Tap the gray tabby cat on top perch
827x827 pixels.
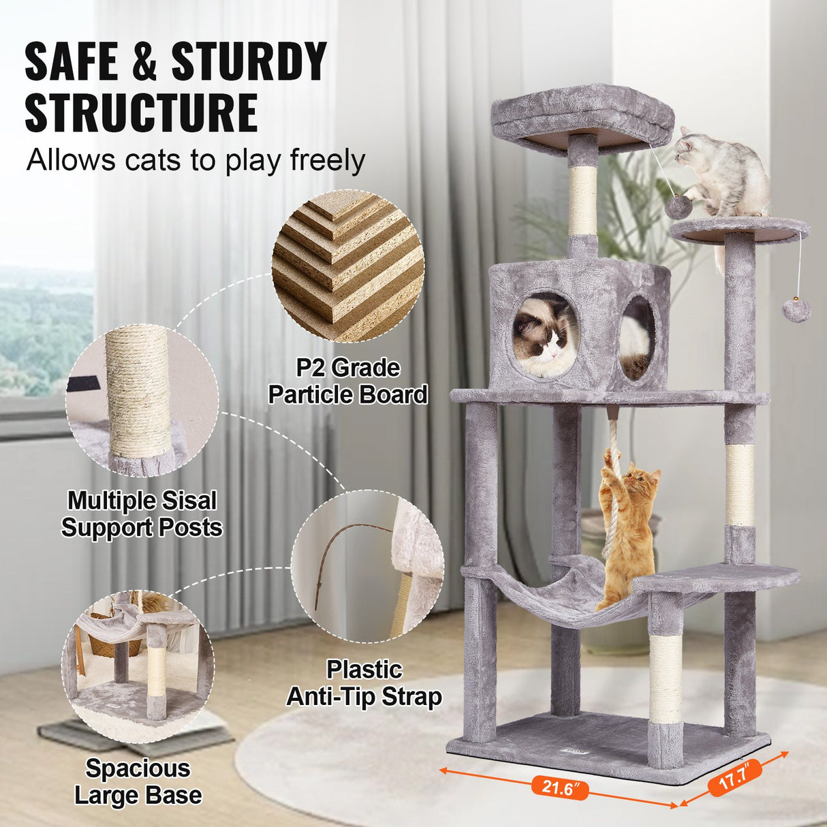click(722, 170)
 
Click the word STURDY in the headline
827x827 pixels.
click(249, 63)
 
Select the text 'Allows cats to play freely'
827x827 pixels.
click(196, 161)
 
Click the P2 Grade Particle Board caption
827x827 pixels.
click(348, 381)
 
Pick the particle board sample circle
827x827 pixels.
click(348, 266)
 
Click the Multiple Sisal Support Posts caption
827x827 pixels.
click(142, 514)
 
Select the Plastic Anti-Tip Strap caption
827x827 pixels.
click(364, 683)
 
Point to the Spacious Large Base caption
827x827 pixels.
click(138, 782)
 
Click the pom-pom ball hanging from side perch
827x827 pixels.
click(796, 310)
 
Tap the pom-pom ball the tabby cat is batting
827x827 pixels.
click(678, 207)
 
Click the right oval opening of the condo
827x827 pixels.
click(638, 337)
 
